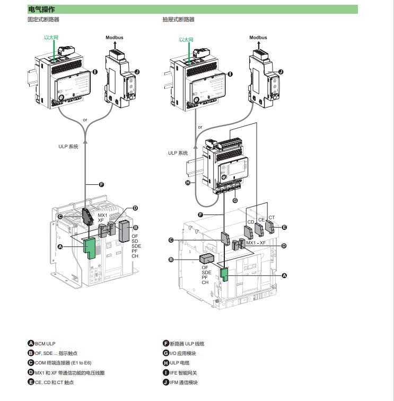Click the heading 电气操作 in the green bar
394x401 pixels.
(41, 10)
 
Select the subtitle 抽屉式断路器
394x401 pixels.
(179, 20)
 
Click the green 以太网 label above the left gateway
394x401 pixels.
(51, 38)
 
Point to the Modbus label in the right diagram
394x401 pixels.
(258, 38)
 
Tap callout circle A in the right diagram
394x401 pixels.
(284, 275)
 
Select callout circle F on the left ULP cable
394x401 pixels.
(101, 184)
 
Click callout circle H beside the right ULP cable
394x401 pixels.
(188, 183)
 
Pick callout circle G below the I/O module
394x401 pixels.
(235, 200)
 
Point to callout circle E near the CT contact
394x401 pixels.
(284, 227)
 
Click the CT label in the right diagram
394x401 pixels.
(272, 217)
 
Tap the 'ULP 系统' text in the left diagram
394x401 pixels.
(68, 147)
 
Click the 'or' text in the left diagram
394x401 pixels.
(85, 120)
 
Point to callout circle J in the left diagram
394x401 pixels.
(137, 72)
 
